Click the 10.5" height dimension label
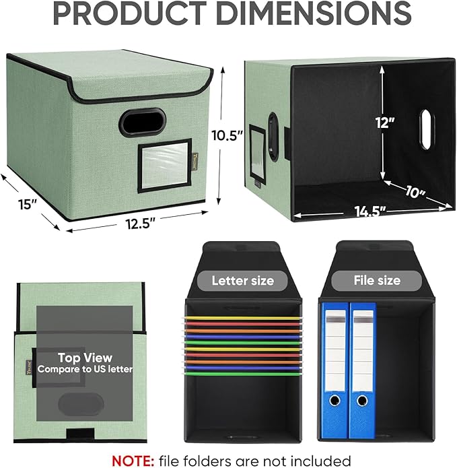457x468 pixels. pyautogui.click(x=226, y=135)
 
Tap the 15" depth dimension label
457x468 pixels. pyautogui.click(x=28, y=205)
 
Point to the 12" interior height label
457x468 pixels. pyautogui.click(x=385, y=123)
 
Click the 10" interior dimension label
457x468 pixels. pyautogui.click(x=415, y=192)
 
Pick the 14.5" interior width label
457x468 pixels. pyautogui.click(x=370, y=211)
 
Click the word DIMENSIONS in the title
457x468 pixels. pyautogui.click(x=314, y=13)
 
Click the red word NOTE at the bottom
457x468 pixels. pyautogui.click(x=133, y=461)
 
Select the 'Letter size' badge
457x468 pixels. pyautogui.click(x=242, y=281)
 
